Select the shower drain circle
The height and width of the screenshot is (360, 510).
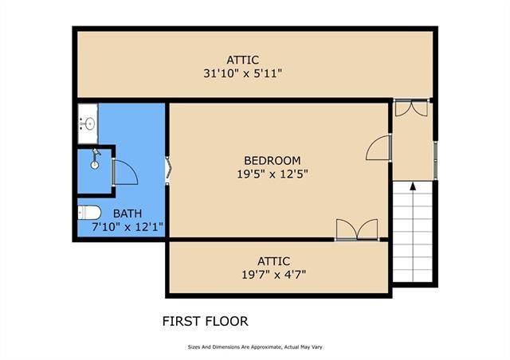click(94, 165)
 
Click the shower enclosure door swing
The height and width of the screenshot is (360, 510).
click(124, 172)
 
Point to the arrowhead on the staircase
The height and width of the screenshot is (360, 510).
click(413, 187)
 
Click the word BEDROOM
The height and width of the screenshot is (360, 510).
click(273, 160)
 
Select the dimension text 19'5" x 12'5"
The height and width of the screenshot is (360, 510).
click(273, 173)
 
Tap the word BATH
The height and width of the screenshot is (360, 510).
click(128, 213)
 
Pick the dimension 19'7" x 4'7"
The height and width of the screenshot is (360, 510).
click(274, 275)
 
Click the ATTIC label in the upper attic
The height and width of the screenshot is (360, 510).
click(243, 60)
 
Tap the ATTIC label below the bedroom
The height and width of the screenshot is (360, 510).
click(273, 261)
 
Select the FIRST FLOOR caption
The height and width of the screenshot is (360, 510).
click(205, 322)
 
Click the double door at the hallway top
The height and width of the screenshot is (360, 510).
click(413, 108)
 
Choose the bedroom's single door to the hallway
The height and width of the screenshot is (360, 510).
click(380, 149)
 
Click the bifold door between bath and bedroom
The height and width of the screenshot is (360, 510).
click(167, 170)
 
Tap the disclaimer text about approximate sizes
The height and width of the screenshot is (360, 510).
click(255, 347)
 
